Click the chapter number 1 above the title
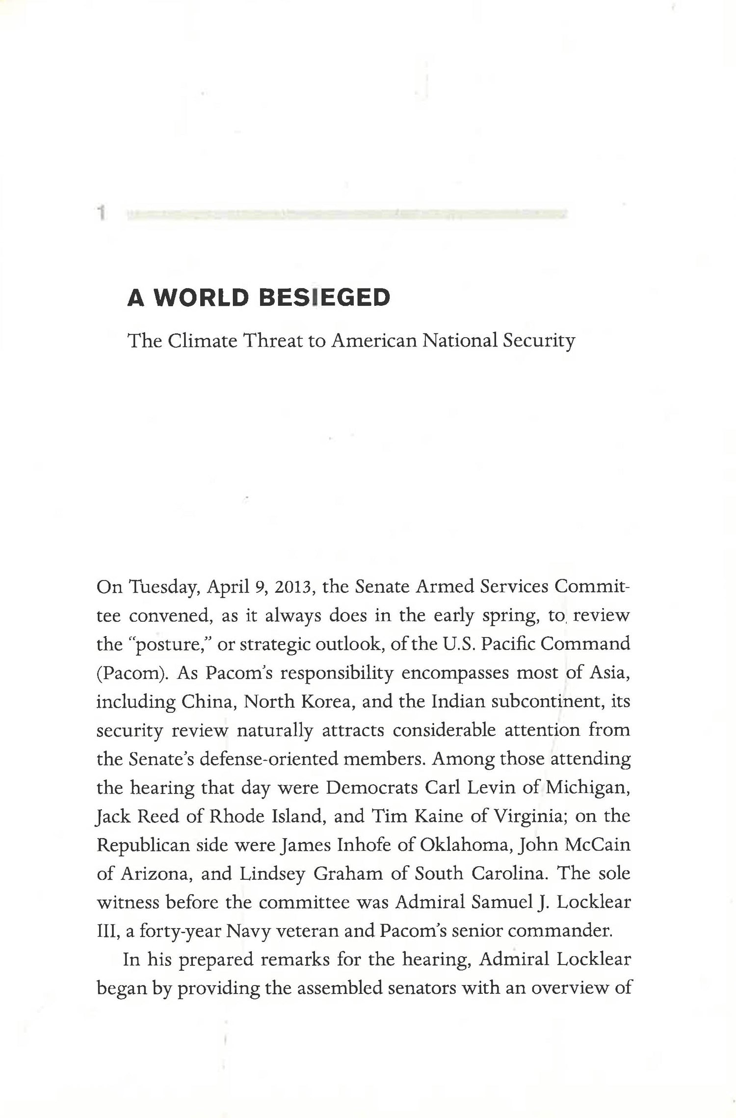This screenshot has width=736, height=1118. click(x=102, y=213)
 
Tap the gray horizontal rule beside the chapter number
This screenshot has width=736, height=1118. click(x=346, y=214)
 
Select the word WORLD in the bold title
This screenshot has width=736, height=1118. click(x=201, y=297)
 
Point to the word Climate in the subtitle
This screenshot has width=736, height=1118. click(x=202, y=340)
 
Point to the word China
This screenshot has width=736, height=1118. click(x=210, y=702)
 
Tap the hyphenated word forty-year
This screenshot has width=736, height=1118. click(x=179, y=931)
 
